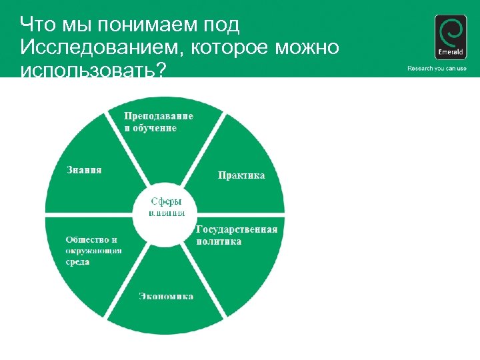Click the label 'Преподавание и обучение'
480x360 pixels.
pos(159,121)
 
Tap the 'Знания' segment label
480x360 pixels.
pos(84,169)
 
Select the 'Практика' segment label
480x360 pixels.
pos(241,175)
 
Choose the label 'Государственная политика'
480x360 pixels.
pos(237,235)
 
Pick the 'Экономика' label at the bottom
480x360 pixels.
pos(166,296)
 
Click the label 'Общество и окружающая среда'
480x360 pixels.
pos(93,251)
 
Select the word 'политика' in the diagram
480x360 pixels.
pos(219,242)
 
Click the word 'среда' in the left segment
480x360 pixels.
pos(77,262)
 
